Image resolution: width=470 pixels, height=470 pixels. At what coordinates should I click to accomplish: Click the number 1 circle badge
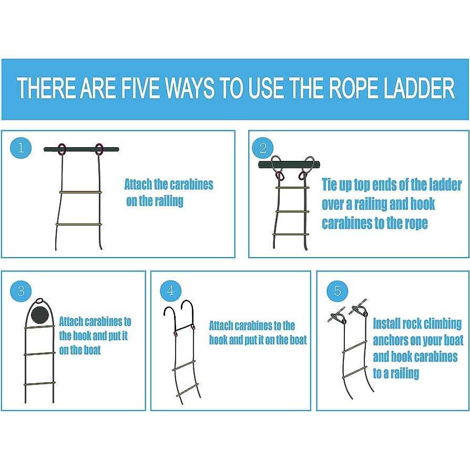pos(21,148)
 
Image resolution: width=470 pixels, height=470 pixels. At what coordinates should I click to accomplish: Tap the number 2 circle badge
pos(263,148)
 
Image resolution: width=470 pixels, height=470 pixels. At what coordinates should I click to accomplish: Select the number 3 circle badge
pos(21,291)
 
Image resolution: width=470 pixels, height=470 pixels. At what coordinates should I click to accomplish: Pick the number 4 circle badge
pos(170,290)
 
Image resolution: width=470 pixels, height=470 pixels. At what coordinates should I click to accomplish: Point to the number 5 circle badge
pos(337,291)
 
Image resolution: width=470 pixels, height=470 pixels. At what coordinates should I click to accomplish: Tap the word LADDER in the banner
pos(420,88)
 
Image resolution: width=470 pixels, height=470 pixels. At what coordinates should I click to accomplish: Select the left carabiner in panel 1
pos(62,149)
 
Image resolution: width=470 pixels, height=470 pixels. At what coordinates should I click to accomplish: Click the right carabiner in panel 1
pos(99,149)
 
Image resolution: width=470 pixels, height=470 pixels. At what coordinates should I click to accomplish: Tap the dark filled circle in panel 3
pos(40,315)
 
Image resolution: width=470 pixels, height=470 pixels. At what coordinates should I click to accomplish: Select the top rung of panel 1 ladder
pos(80,192)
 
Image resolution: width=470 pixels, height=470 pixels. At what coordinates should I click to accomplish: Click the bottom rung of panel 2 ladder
pos(290,234)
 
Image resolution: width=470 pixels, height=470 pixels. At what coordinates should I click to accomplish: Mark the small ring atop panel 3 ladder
pos(39,301)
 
